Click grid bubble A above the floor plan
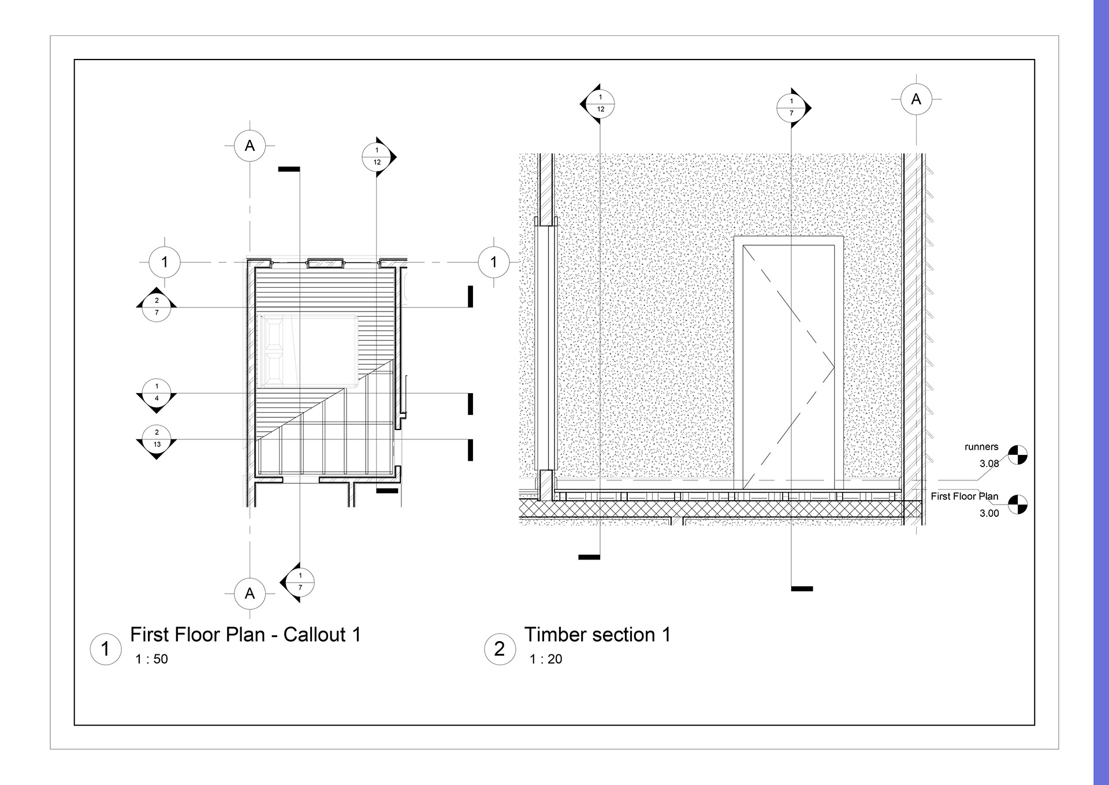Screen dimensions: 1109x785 click(x=250, y=146)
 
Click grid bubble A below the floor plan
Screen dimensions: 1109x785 click(x=250, y=594)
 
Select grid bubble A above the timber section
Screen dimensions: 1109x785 click(x=916, y=99)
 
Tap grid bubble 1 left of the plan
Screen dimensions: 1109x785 click(x=165, y=262)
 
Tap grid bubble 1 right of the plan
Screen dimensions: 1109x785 click(x=494, y=262)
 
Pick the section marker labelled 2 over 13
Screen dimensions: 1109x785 click(x=157, y=441)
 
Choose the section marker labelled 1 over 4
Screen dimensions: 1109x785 click(x=157, y=395)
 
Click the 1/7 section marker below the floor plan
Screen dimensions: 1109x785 click(x=298, y=582)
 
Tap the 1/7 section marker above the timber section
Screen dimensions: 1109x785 click(x=794, y=108)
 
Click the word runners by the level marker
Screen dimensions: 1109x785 click(x=981, y=447)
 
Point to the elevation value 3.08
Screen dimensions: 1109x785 click(x=989, y=464)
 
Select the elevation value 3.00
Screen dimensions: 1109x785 click(x=989, y=513)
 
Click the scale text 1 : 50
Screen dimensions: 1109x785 click(x=152, y=659)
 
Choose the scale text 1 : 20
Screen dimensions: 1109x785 click(x=546, y=659)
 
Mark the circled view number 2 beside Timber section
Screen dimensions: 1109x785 click(x=500, y=649)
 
